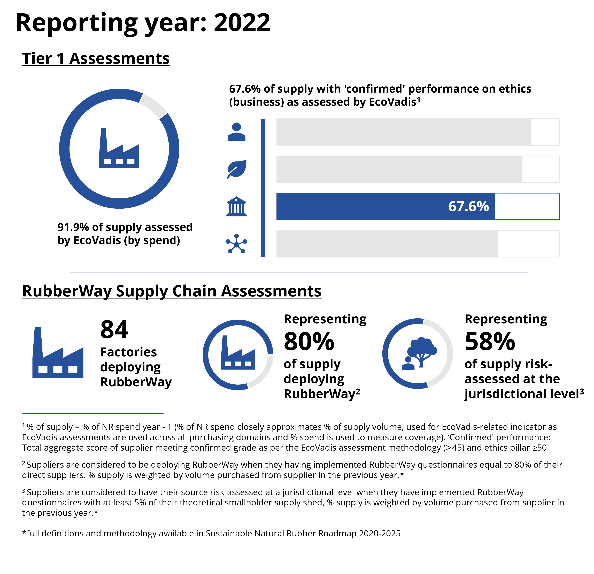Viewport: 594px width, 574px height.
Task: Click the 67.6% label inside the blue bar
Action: (468, 206)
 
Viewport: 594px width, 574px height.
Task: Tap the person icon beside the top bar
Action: (236, 132)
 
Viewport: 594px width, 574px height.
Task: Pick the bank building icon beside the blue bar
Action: (236, 206)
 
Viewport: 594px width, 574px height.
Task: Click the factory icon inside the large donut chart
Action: (119, 149)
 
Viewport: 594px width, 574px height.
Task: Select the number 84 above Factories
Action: (114, 329)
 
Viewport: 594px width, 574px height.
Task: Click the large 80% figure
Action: (309, 342)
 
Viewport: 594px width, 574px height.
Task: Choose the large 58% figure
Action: (490, 342)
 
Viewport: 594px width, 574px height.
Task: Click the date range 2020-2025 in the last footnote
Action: (379, 533)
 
